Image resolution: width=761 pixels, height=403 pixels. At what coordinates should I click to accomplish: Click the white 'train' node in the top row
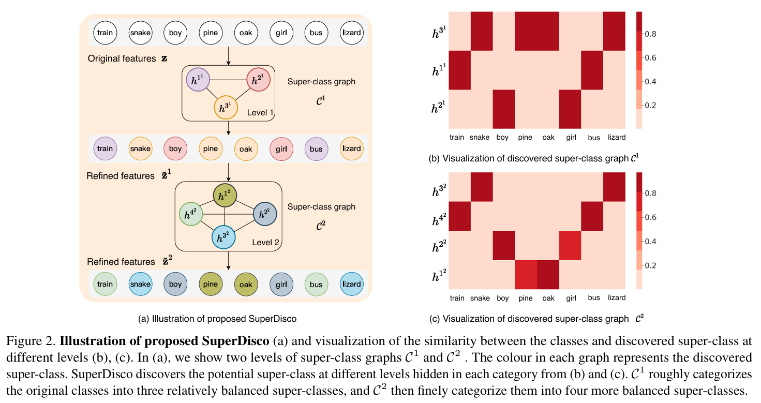coord(105,33)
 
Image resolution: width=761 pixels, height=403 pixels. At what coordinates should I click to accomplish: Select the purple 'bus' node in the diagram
coord(317,149)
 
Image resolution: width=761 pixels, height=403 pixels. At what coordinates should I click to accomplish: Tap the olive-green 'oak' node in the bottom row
coord(246,285)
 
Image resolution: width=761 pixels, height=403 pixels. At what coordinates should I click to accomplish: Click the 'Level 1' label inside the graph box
coord(260,113)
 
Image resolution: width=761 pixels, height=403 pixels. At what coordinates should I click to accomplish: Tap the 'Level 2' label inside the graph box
coord(266,242)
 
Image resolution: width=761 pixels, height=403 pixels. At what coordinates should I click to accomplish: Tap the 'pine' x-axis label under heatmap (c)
coord(526,298)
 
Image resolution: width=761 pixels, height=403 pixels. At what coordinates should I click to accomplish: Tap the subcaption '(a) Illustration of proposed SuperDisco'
coord(217,319)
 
